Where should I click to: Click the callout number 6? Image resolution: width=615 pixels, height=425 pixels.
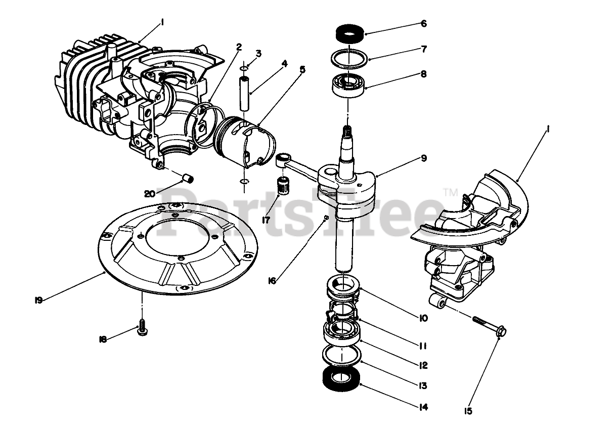(x=423, y=24)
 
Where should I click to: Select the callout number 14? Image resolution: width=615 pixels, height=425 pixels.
(x=423, y=406)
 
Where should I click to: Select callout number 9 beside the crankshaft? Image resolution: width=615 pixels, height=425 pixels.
(x=423, y=158)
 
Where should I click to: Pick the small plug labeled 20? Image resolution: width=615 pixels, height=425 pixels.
(x=188, y=178)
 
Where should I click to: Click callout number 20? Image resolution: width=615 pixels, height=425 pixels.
(x=149, y=193)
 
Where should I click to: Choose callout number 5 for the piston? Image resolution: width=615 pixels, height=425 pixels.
(x=302, y=69)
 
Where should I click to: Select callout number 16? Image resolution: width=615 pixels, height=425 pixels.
(x=272, y=280)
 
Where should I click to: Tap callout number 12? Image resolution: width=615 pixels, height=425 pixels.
(x=423, y=365)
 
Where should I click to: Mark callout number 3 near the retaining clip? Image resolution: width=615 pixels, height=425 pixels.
(x=258, y=53)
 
